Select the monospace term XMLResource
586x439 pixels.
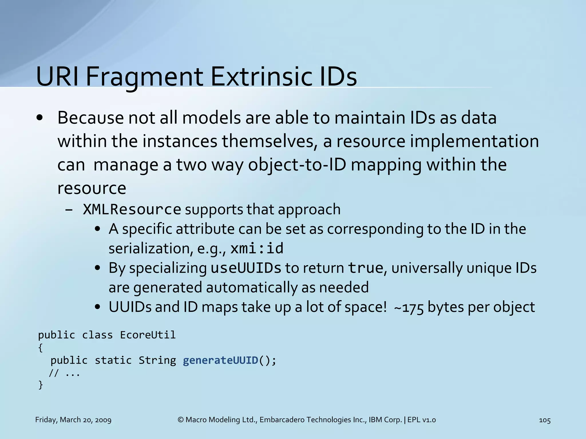click(x=132, y=209)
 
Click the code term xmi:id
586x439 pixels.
click(x=257, y=248)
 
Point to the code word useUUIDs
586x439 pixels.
click(x=246, y=268)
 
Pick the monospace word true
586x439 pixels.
click(x=365, y=268)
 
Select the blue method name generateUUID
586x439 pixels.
click(x=221, y=360)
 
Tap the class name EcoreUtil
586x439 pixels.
click(x=148, y=335)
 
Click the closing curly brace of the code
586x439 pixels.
click(x=41, y=385)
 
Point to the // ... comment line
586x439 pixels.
click(x=64, y=373)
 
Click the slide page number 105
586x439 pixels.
click(x=545, y=420)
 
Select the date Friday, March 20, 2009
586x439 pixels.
click(x=73, y=420)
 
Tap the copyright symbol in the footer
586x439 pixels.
click(x=181, y=420)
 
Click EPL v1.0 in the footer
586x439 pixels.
click(x=421, y=420)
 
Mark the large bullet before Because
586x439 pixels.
click(x=40, y=118)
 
